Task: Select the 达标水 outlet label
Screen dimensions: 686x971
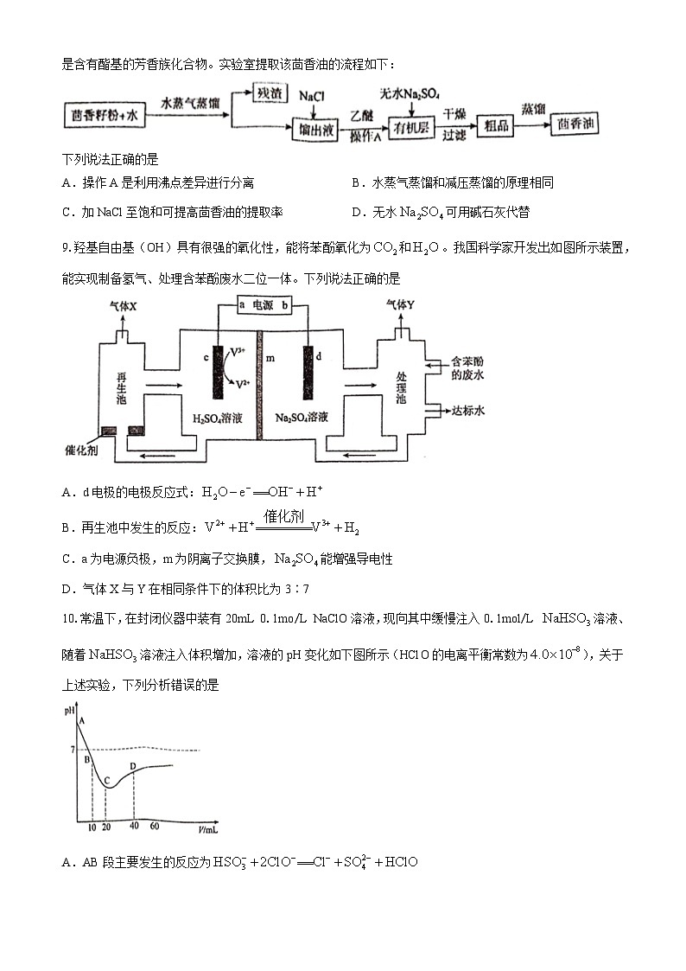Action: pyautogui.click(x=467, y=411)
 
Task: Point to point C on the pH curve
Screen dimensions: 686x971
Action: pyautogui.click(x=105, y=780)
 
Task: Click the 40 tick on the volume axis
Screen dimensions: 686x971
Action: pyautogui.click(x=134, y=827)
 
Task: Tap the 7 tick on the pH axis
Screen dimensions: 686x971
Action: pyautogui.click(x=73, y=749)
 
